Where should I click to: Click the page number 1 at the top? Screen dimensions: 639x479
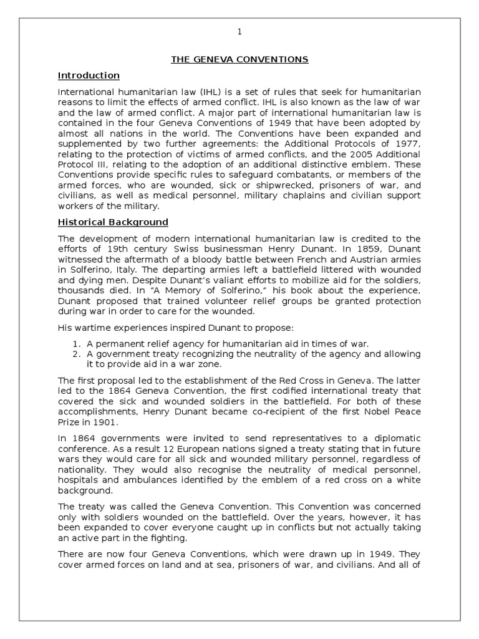pos(239,32)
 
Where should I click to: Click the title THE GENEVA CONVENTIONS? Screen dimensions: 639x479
pos(239,60)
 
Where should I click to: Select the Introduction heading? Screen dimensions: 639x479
pos(89,76)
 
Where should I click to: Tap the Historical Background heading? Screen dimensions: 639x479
pos(113,222)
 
